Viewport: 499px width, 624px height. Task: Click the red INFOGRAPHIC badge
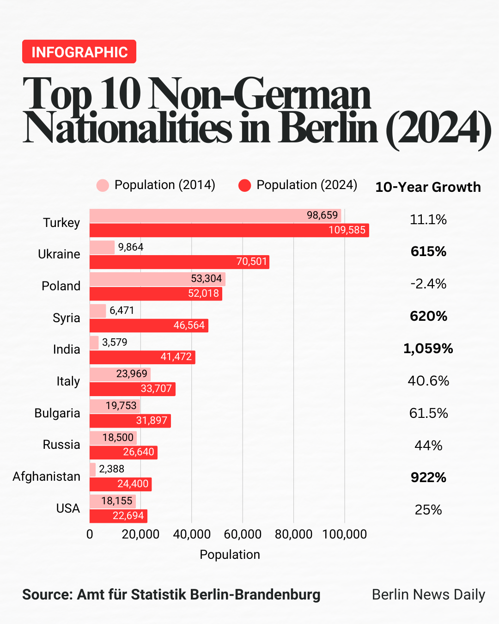click(79, 52)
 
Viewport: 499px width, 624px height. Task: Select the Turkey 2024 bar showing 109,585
click(229, 230)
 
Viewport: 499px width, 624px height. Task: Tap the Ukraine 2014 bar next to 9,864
click(102, 247)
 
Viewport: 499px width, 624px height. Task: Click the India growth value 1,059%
click(428, 349)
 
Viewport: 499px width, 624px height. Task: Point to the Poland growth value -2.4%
click(428, 284)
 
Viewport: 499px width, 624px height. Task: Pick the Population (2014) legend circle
click(103, 185)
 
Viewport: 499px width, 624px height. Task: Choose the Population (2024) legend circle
click(244, 185)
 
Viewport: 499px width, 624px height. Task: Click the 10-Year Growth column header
click(428, 187)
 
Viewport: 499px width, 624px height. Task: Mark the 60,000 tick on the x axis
click(243, 534)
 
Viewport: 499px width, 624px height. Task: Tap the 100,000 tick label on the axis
click(344, 534)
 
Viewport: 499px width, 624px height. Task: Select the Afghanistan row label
click(46, 477)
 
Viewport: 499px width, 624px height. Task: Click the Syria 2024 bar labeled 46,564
click(149, 325)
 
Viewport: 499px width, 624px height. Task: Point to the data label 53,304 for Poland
click(207, 279)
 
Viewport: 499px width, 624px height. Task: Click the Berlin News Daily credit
click(428, 594)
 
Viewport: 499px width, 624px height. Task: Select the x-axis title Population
click(230, 555)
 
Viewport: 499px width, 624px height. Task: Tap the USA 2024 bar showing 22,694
click(118, 516)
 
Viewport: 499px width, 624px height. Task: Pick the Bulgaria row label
click(57, 413)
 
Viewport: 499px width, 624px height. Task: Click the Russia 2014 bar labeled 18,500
click(113, 438)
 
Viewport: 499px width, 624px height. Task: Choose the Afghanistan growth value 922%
click(428, 477)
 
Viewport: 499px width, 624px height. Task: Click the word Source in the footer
click(46, 594)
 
